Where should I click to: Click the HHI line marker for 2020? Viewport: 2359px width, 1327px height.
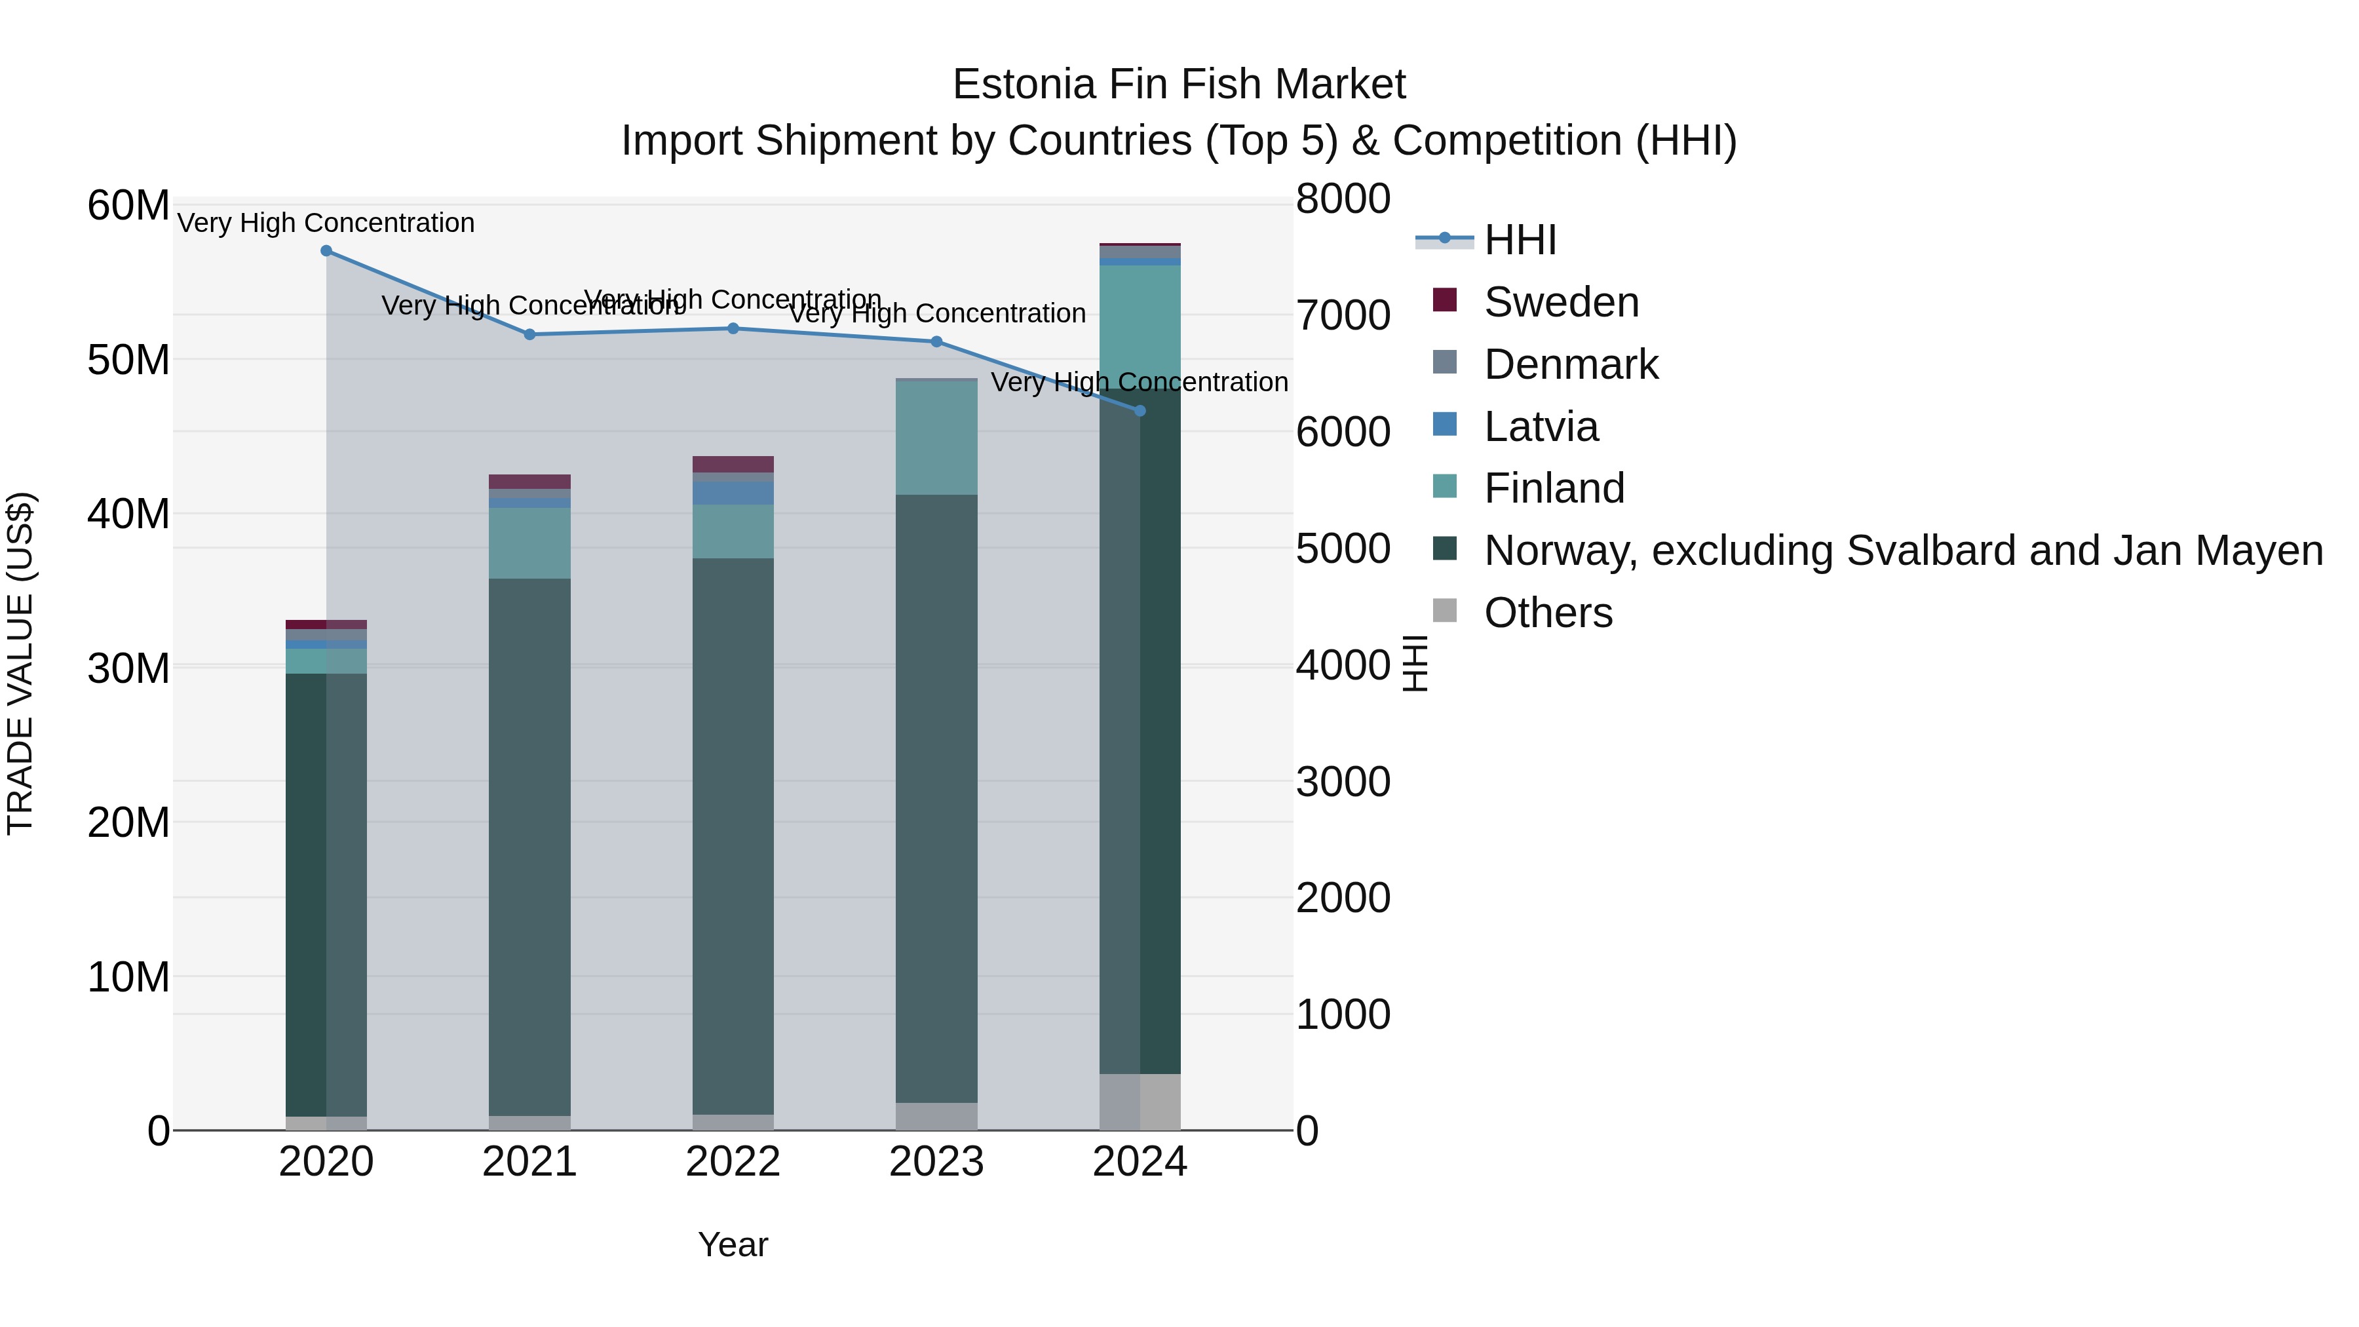pos(326,251)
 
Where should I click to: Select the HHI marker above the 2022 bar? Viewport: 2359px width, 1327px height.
pos(733,328)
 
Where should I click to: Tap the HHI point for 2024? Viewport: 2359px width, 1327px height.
pos(1140,411)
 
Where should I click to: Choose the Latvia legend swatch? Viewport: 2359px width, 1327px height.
pos(1444,425)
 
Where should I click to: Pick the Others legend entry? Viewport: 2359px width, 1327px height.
pos(1548,613)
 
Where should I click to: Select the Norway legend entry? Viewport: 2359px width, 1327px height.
pos(1903,550)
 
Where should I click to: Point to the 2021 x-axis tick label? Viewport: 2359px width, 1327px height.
pos(529,1162)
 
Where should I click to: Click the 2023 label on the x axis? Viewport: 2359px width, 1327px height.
pos(936,1162)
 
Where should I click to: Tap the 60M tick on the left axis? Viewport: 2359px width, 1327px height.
pos(128,205)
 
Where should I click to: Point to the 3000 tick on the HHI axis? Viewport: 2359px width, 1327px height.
pos(1343,781)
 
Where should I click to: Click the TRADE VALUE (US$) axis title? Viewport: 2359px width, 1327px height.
pos(21,663)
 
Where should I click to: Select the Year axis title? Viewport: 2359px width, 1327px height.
pos(733,1244)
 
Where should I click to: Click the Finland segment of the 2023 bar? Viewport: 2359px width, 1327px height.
pos(936,438)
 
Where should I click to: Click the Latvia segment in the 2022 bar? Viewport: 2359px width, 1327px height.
pos(733,493)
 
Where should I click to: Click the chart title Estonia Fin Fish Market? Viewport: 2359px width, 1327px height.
pos(1179,85)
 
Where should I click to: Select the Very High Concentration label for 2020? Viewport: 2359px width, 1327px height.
pos(326,223)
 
